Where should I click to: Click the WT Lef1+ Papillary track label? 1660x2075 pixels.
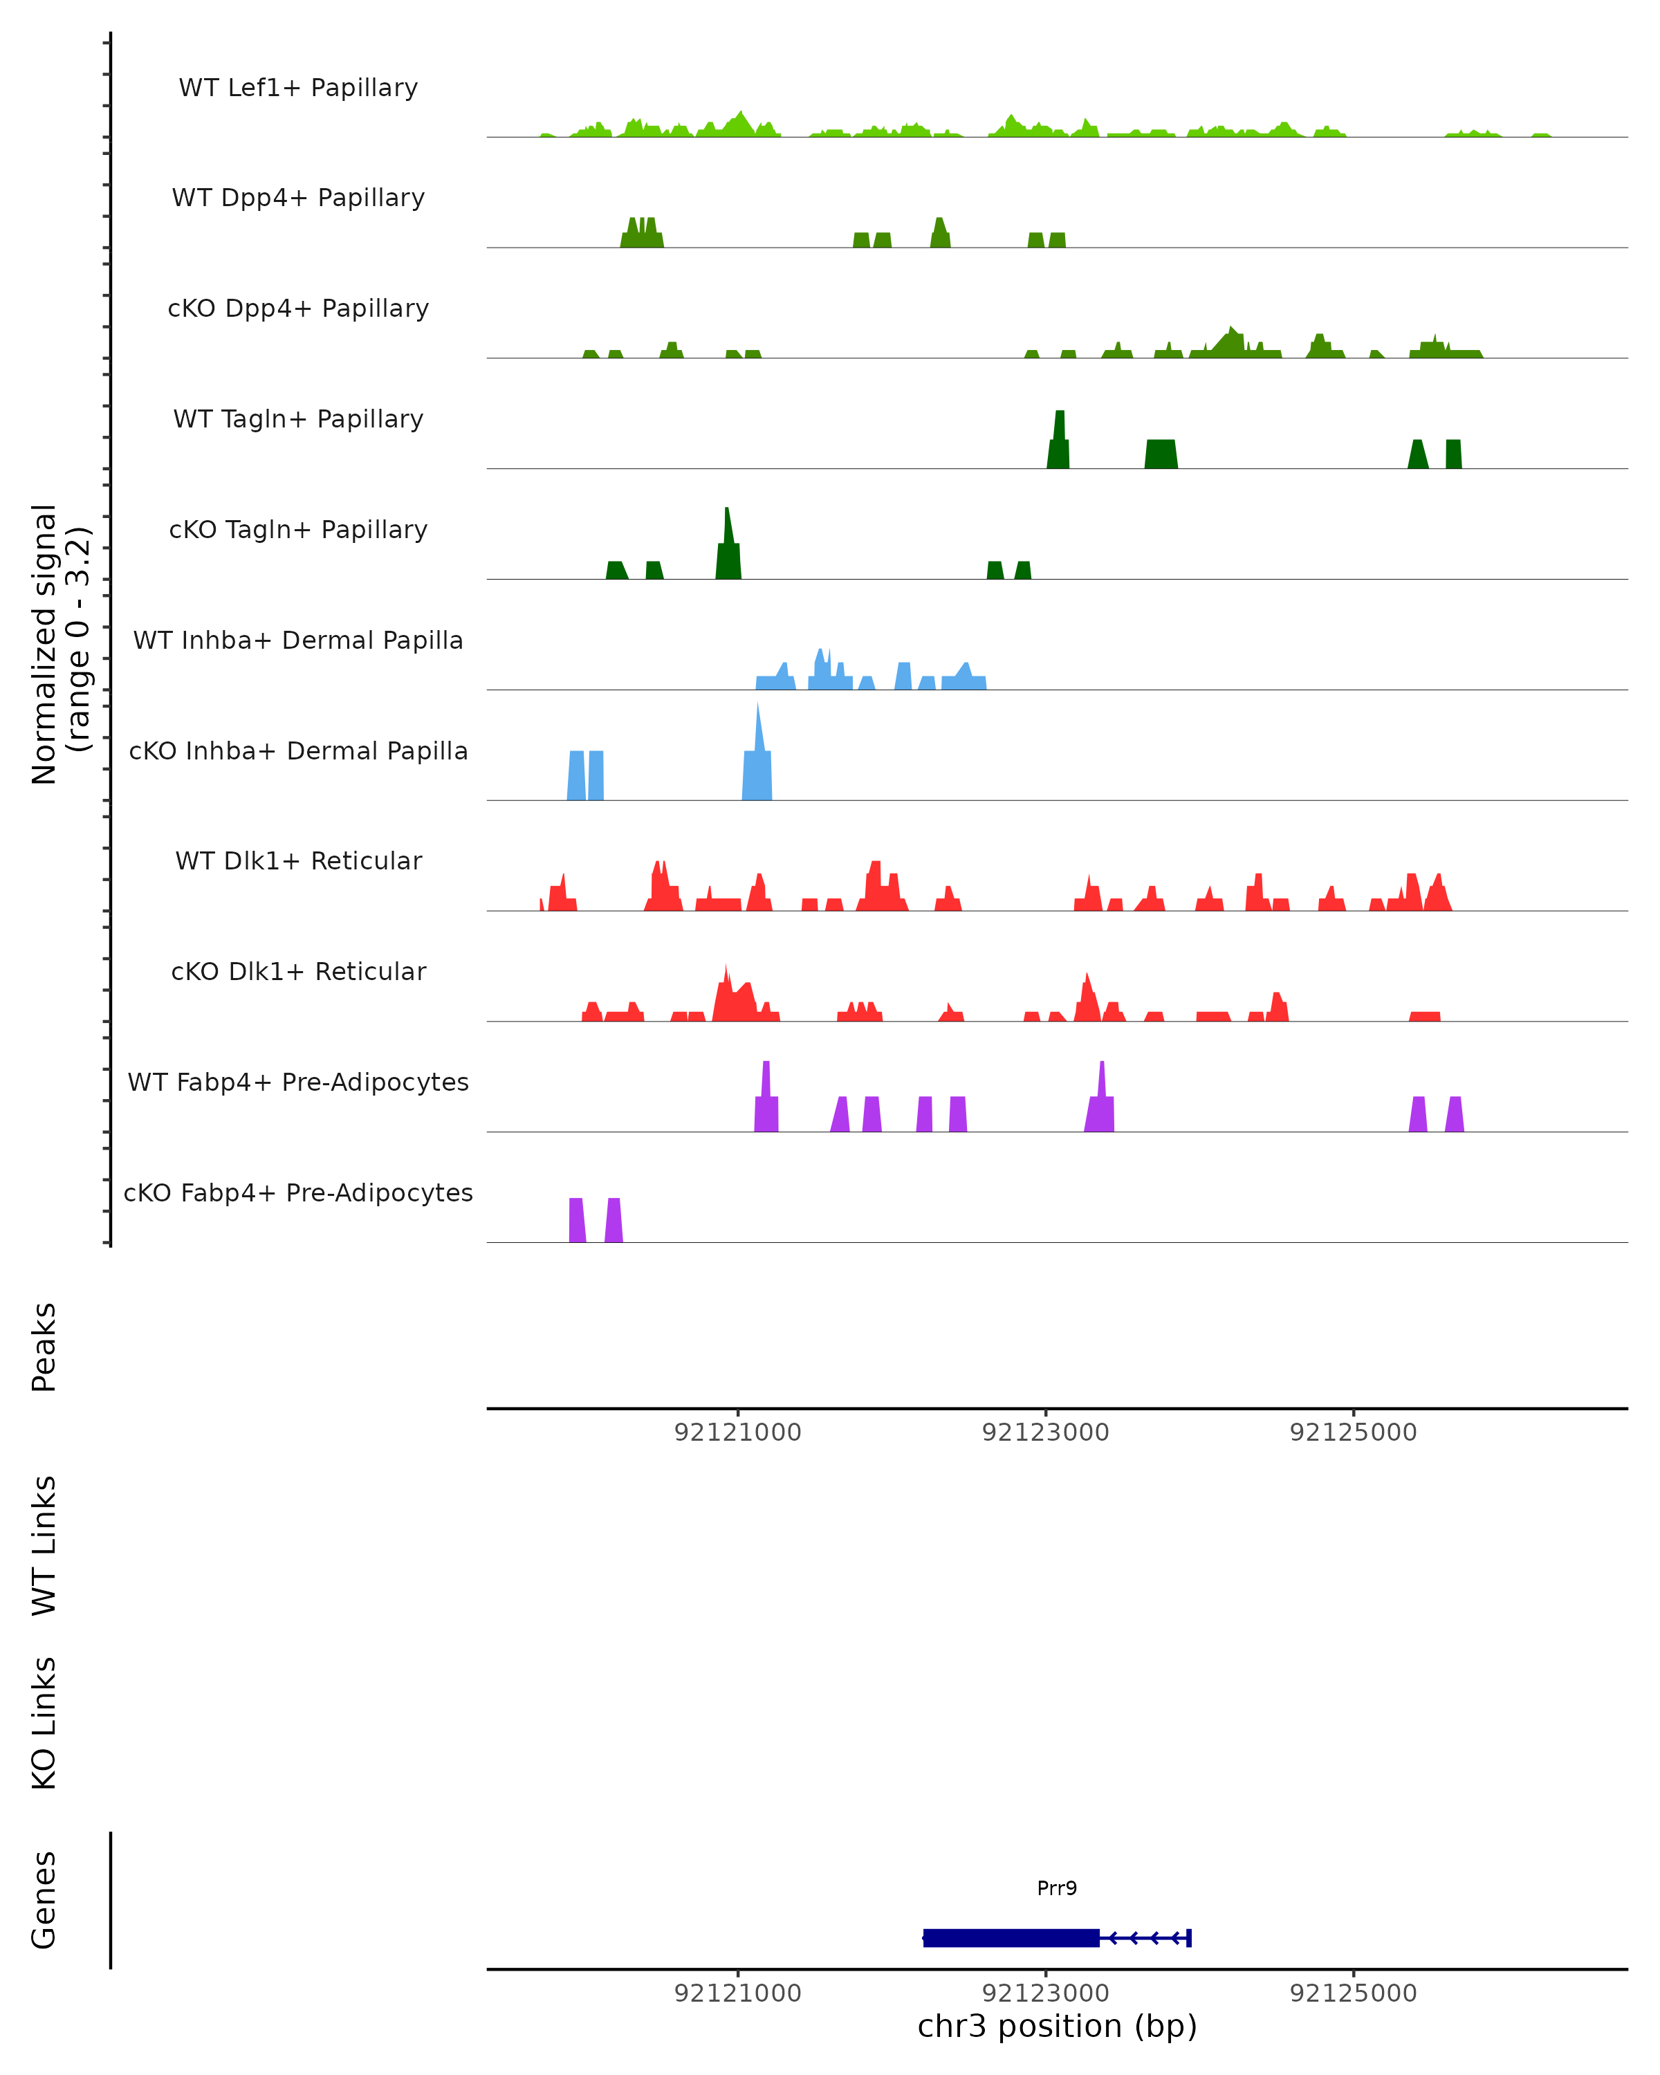(x=298, y=88)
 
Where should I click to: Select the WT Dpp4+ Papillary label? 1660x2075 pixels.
(x=298, y=199)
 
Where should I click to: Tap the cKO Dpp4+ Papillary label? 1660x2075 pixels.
(x=298, y=309)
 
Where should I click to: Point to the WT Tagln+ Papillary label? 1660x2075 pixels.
(x=298, y=420)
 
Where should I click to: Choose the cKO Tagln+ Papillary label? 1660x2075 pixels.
(x=298, y=531)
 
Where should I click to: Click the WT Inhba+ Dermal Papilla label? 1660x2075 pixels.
(x=298, y=641)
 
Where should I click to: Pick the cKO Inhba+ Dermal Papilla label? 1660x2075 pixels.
(x=298, y=752)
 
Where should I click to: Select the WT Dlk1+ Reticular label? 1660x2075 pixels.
(x=298, y=861)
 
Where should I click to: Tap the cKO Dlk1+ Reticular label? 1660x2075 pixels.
(x=298, y=972)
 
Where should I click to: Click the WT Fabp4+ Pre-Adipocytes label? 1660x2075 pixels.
(x=298, y=1082)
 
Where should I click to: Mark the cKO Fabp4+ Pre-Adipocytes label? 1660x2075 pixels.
(x=298, y=1193)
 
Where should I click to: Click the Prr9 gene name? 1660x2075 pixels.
(x=1057, y=1888)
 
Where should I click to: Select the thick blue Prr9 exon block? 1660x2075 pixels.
(x=1011, y=1938)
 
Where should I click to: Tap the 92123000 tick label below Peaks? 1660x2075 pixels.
(x=1045, y=1433)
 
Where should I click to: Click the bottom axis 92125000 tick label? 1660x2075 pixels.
(x=1353, y=1993)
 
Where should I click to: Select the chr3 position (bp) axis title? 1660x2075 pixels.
(x=1057, y=2027)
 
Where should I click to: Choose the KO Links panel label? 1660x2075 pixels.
(x=44, y=1723)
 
